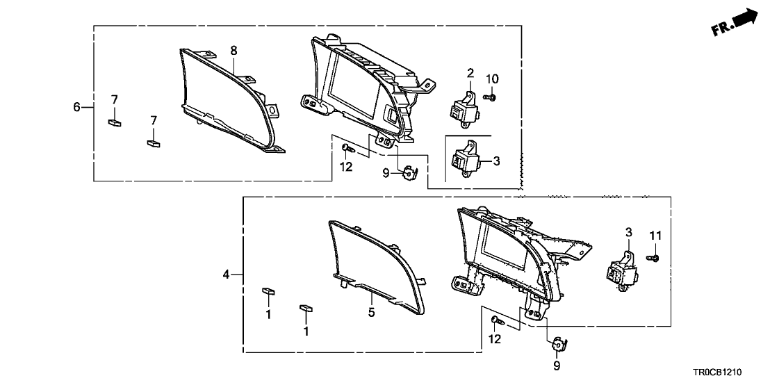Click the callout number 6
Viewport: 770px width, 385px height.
[x=77, y=107]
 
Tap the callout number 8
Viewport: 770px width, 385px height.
[x=234, y=50]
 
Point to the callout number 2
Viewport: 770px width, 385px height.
[x=470, y=73]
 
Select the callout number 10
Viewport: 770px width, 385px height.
[x=492, y=78]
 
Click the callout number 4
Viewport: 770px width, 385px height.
[x=226, y=275]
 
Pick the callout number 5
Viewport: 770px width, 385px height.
[x=372, y=313]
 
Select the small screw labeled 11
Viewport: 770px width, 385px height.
[x=653, y=258]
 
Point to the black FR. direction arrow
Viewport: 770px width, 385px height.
[x=743, y=17]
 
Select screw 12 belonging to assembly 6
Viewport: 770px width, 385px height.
[x=347, y=147]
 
